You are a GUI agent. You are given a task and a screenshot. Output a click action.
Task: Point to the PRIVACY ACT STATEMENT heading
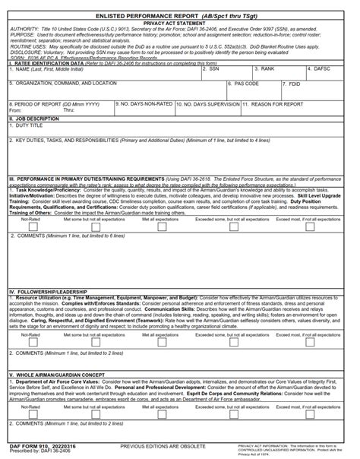tap(180, 23)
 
